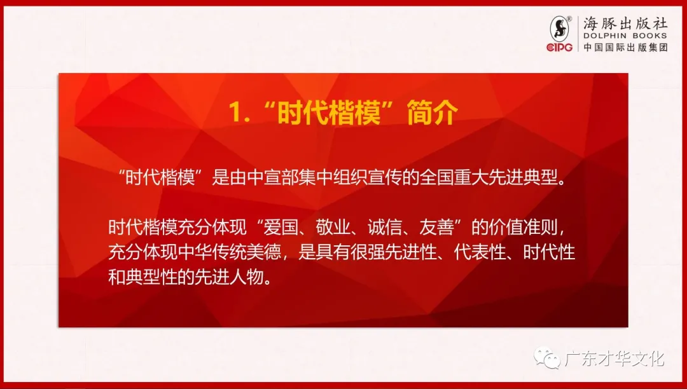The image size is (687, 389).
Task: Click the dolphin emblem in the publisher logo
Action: (x=560, y=29)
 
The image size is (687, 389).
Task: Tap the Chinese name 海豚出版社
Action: (x=625, y=23)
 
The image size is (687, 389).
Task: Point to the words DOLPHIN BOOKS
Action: (x=625, y=36)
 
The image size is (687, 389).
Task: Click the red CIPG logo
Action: (x=560, y=47)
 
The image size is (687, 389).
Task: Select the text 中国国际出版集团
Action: (x=625, y=47)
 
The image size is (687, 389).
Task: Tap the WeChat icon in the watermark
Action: (x=547, y=358)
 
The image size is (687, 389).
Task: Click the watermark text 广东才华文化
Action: (x=614, y=358)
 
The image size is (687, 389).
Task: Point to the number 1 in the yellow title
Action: (x=236, y=113)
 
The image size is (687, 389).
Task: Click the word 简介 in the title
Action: (x=433, y=113)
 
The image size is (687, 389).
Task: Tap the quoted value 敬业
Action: (x=333, y=228)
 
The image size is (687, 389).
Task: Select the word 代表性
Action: (x=480, y=252)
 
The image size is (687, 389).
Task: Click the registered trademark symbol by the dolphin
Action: (x=569, y=19)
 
